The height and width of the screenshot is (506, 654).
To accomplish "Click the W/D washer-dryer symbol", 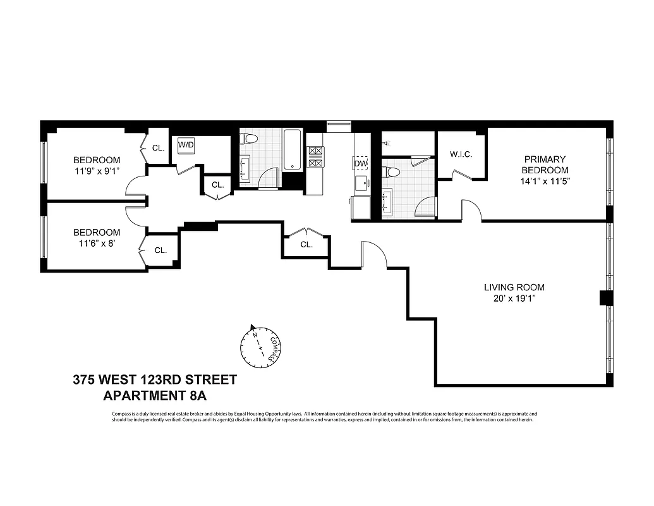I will coord(186,145).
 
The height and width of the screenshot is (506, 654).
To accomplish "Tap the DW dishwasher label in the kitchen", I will coord(361,164).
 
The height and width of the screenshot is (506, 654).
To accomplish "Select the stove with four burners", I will coord(315,157).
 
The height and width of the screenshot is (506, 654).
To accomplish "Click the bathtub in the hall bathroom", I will coord(293,150).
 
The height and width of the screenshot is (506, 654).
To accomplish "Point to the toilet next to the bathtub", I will coord(249,139).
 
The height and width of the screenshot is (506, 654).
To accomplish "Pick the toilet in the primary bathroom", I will coord(392,172).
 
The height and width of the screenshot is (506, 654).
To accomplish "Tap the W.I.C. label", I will coord(461,154).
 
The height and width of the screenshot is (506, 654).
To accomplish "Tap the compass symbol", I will coord(259,345).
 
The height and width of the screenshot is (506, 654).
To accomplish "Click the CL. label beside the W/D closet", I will coord(218,185).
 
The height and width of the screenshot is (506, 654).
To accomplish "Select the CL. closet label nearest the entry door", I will coord(306,244).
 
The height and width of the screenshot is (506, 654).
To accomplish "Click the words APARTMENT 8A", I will coord(155,396).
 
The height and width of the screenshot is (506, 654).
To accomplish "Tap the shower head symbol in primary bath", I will coord(385,144).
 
